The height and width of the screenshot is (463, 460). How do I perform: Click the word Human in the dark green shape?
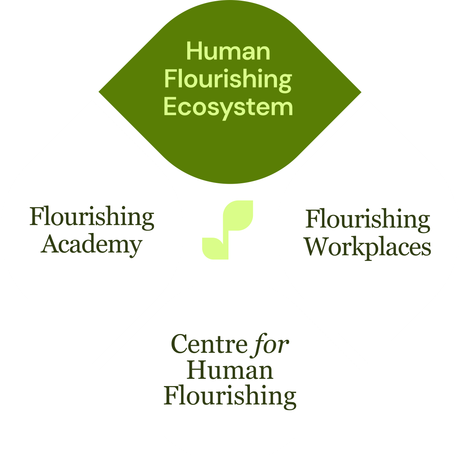tap(228, 51)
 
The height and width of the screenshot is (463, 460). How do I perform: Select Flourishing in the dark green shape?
tap(228, 79)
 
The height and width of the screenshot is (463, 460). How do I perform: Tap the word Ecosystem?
tap(228, 107)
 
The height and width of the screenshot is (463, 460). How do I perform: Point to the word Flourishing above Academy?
tap(92, 217)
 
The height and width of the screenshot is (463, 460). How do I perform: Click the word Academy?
tap(92, 245)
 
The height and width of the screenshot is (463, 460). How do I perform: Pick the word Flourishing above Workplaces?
tap(368, 220)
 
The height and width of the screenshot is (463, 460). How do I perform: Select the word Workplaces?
tap(368, 247)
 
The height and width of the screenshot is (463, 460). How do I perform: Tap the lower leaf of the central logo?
tap(215, 248)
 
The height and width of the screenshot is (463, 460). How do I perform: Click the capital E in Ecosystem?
tap(171, 107)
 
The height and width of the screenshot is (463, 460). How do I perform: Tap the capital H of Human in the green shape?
tap(194, 51)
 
